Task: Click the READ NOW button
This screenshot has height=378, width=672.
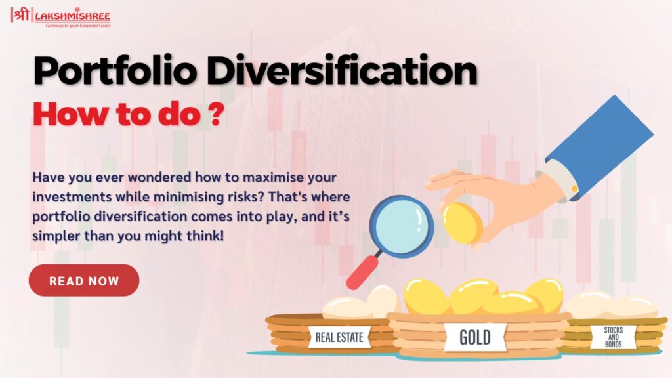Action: [x=84, y=280]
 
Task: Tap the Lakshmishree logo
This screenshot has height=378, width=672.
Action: [x=61, y=17]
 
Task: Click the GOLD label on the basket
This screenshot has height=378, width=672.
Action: [x=475, y=337]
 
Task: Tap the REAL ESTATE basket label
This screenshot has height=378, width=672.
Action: [x=339, y=337]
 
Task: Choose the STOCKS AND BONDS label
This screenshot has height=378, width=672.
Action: [x=614, y=337]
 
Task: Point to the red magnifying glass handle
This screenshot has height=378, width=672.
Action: [x=362, y=272]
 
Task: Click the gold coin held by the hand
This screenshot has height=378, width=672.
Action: [x=462, y=223]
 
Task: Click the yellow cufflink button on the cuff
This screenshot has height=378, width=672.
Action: [x=574, y=188]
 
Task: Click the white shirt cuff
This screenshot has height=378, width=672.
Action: [x=554, y=180]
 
